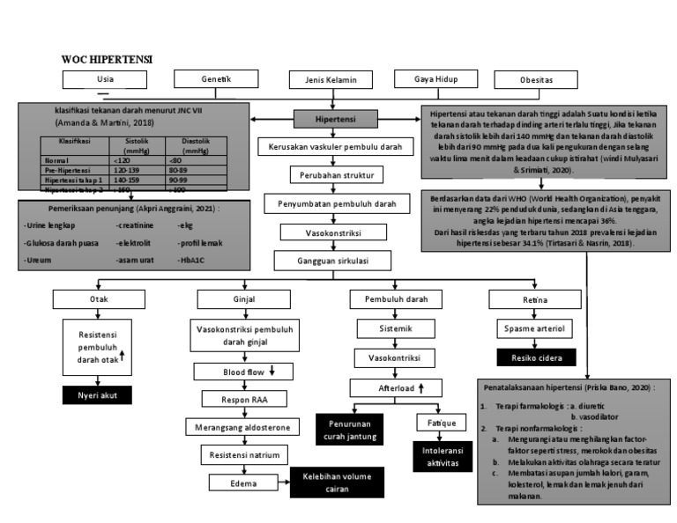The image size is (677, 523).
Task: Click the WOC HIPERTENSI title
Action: pos(107,58)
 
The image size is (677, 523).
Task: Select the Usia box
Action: pos(105,80)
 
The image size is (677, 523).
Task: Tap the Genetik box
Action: pos(216,80)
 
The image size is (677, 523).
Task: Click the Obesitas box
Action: pos(536,80)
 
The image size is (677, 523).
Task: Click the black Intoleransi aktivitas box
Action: pos(440,453)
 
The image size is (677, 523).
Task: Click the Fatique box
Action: pos(440,423)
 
